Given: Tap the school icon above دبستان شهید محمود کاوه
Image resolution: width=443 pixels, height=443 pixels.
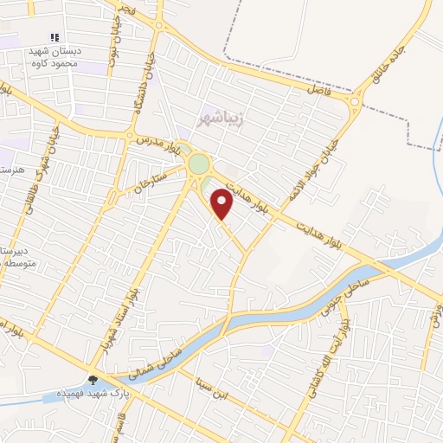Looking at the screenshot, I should pyautogui.click(x=54, y=37).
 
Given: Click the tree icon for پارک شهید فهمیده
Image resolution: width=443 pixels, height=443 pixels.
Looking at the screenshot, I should pyautogui.click(x=93, y=379).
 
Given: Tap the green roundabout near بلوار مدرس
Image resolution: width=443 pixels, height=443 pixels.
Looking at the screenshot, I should pyautogui.click(x=199, y=164).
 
